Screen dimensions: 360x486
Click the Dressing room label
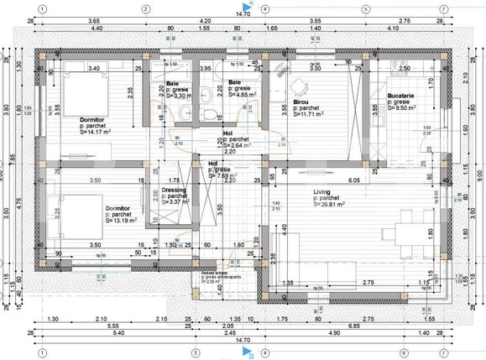162,190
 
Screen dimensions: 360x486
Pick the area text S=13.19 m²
121,221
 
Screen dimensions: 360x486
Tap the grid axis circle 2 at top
145,9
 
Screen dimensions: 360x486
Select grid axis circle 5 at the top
365,9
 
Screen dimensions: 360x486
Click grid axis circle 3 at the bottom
195,352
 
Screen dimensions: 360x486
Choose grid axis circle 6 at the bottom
404,352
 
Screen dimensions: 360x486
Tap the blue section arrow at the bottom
249,352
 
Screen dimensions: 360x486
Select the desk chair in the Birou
295,85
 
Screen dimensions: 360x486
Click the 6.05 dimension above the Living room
354,180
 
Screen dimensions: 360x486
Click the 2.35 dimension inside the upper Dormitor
130,92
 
